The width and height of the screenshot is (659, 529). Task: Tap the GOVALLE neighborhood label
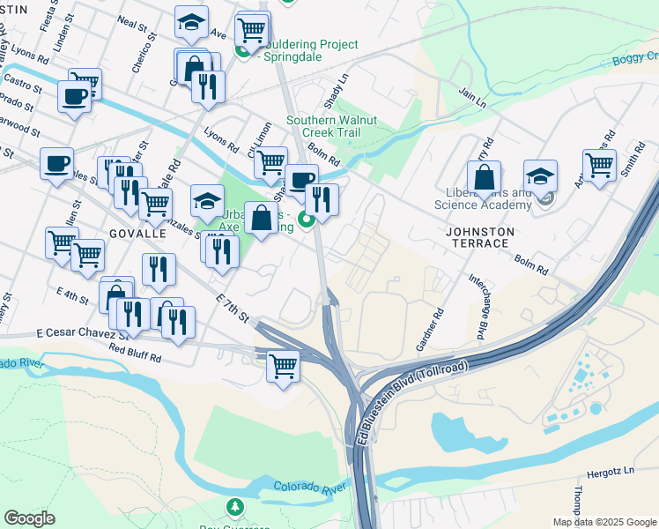coord(137,234)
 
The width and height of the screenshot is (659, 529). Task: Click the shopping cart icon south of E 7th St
coord(283,364)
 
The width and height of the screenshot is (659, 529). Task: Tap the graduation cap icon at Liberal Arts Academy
coord(540,175)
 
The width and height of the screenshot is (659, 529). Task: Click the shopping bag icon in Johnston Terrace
coord(484,177)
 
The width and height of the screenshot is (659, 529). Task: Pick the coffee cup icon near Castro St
coord(75,95)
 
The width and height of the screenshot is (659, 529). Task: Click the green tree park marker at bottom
coord(234,507)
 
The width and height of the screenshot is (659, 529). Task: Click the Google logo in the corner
coord(29,518)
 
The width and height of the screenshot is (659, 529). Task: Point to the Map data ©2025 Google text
coord(603,522)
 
